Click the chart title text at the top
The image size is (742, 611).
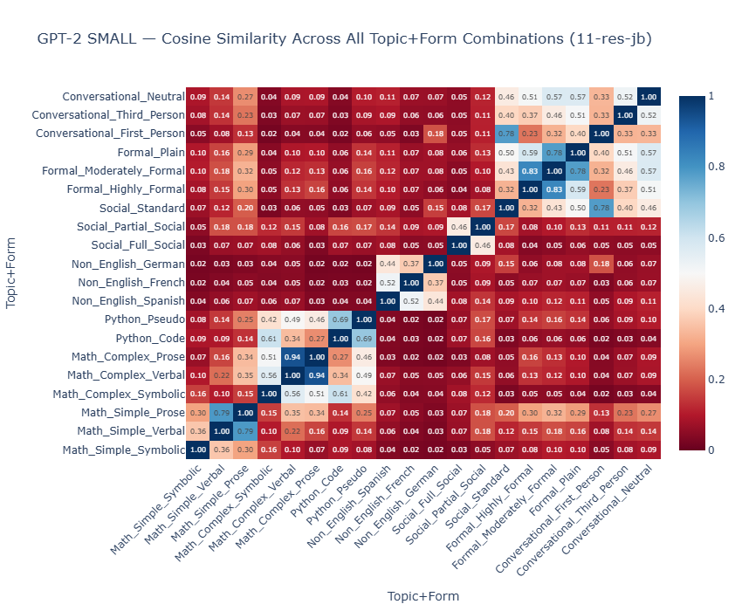[344, 39]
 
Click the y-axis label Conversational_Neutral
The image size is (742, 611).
[123, 97]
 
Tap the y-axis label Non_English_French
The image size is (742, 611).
[130, 283]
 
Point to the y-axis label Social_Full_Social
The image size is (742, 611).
[137, 245]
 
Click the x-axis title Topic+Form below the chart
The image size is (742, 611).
[423, 596]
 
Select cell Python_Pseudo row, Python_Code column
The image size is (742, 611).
[340, 319]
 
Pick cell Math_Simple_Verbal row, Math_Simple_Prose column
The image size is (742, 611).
[245, 431]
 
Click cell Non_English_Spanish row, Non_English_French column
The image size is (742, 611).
[410, 301]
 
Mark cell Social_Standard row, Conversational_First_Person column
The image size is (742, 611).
[598, 208]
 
